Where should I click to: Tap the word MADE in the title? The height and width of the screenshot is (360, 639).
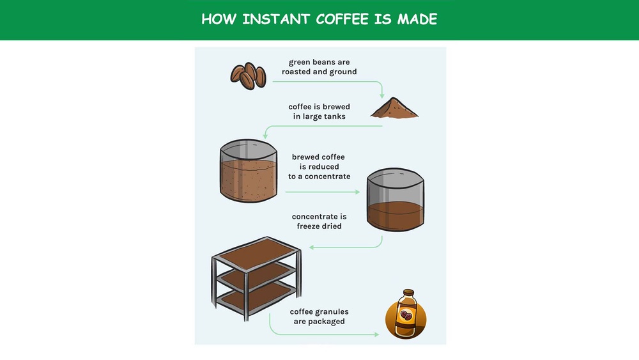pos(417,19)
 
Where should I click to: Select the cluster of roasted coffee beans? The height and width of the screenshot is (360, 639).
pos(248,75)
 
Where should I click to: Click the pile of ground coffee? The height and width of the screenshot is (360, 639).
pos(395,109)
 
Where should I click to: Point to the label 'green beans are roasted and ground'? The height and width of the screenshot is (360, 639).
pos(319,67)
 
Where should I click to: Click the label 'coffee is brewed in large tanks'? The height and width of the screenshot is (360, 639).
pos(319,111)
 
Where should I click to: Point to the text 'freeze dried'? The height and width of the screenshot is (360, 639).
pos(319,226)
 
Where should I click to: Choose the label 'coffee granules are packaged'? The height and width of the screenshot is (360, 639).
pos(319,317)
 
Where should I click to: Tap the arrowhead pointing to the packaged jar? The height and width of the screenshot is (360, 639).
pos(378,334)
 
